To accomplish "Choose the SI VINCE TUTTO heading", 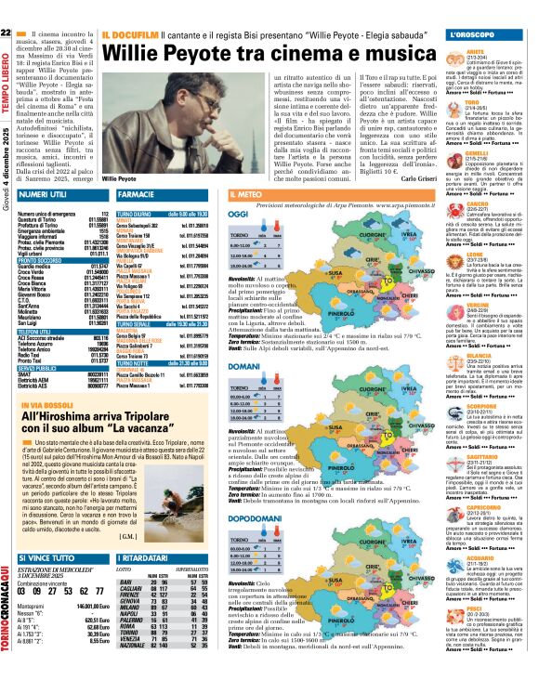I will [48, 556].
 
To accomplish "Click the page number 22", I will [7, 35].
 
